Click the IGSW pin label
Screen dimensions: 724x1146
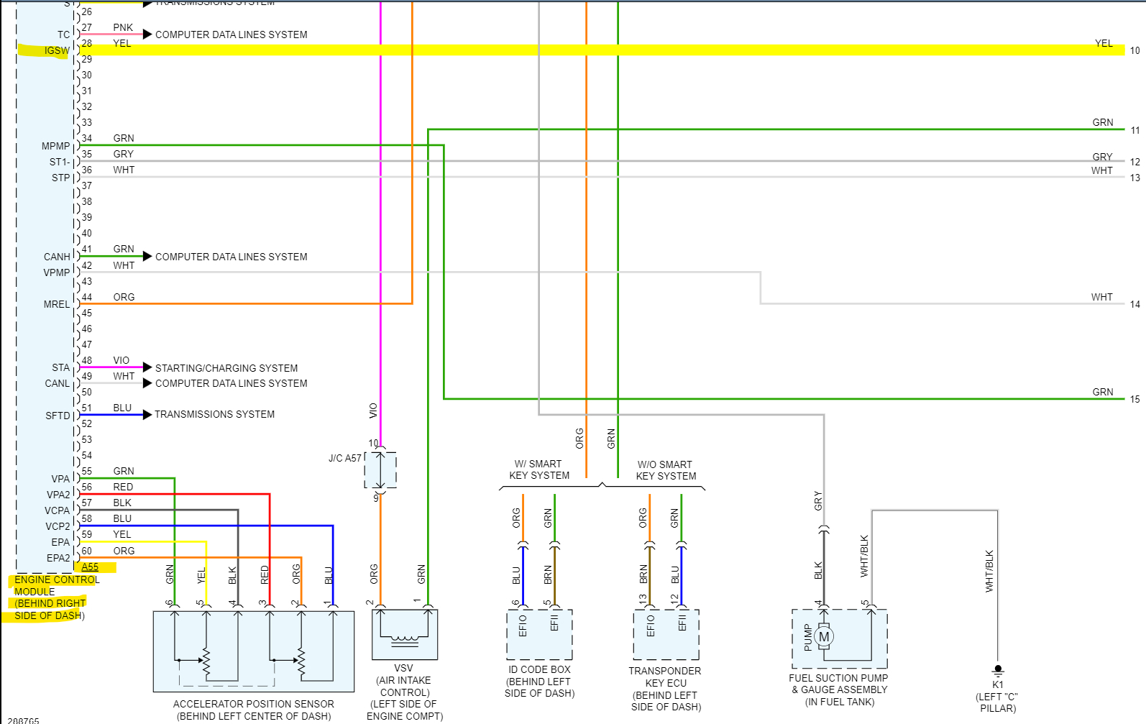click(57, 50)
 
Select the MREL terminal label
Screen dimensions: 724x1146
click(57, 304)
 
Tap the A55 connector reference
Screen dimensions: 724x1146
click(90, 567)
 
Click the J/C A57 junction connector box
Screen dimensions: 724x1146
click(380, 470)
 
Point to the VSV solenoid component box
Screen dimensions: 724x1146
click(404, 634)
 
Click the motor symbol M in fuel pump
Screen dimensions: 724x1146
click(824, 637)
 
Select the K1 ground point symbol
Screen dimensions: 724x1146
click(998, 670)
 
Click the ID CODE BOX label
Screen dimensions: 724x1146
click(539, 669)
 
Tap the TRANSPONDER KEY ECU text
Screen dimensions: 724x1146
click(665, 677)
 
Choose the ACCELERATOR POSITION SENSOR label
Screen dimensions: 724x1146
click(253, 704)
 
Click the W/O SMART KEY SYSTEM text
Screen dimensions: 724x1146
click(666, 470)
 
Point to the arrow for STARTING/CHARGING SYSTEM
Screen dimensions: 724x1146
click(147, 367)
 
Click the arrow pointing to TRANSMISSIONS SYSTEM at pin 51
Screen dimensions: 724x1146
click(147, 414)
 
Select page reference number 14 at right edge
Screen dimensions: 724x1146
click(1134, 304)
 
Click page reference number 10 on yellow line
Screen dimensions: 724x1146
click(1134, 50)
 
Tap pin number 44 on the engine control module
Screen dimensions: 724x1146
click(87, 297)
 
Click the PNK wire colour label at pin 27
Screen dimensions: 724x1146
click(123, 27)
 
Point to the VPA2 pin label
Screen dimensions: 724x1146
click(58, 495)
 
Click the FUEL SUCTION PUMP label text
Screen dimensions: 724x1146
click(838, 678)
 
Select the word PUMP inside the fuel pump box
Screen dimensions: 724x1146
click(808, 637)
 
